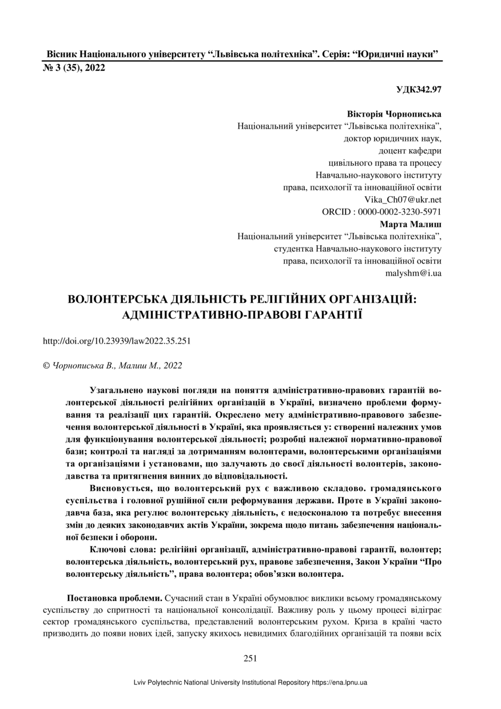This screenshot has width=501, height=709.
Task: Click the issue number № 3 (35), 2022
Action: (x=74, y=67)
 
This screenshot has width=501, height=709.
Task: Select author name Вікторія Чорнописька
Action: (x=394, y=114)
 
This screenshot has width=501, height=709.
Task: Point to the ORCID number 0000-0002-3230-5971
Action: (x=400, y=212)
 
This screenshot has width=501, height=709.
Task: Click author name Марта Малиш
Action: (x=411, y=224)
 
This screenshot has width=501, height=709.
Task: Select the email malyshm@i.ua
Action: (x=413, y=273)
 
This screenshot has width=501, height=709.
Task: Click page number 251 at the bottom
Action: (x=250, y=658)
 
